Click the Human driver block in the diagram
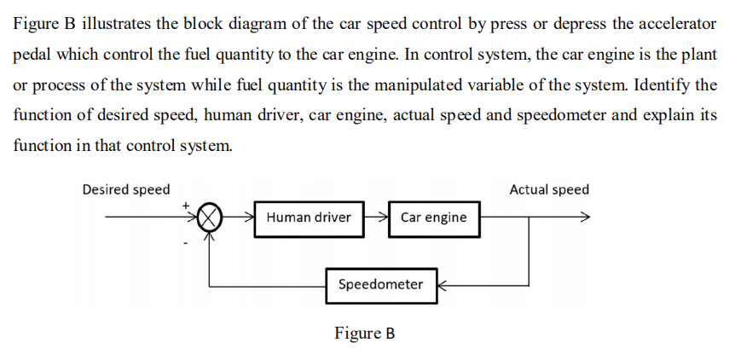tap(308, 218)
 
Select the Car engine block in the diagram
tap(433, 218)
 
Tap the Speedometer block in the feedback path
tap(380, 285)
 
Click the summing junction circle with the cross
tap(210, 217)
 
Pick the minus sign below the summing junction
tap(184, 243)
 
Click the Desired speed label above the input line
tap(125, 189)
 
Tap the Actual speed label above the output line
tap(548, 189)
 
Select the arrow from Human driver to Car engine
tap(376, 217)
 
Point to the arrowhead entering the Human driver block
tap(249, 217)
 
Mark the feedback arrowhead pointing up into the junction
tap(210, 233)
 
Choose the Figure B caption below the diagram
tap(364, 333)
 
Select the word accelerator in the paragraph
tap(674, 23)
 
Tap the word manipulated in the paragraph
tap(482, 84)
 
